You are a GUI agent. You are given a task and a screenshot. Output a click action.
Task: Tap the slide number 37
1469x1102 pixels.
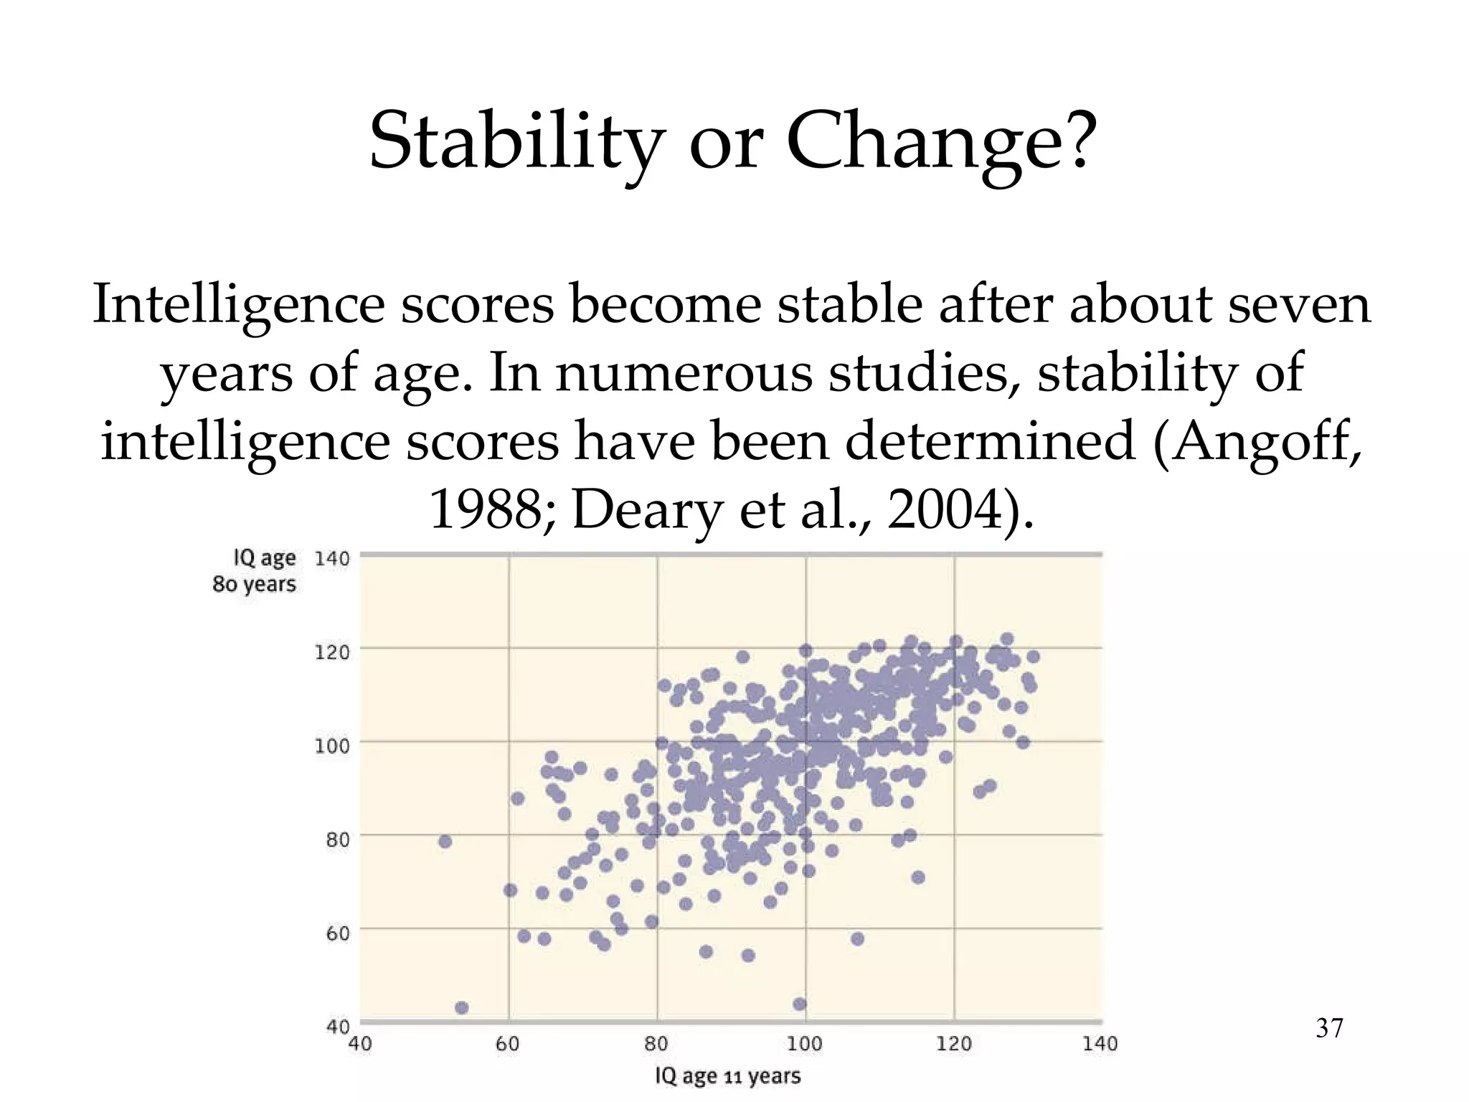point(1329,1029)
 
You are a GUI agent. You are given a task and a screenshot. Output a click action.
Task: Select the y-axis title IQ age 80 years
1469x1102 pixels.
point(255,571)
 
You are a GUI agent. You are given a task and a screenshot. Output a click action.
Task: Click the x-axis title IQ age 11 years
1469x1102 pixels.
point(727,1076)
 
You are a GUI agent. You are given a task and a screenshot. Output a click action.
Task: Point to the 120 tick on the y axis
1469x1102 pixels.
point(332,652)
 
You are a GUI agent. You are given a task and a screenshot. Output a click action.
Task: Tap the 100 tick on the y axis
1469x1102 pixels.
point(332,746)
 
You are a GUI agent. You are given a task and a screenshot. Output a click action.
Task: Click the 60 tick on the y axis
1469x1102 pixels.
point(337,933)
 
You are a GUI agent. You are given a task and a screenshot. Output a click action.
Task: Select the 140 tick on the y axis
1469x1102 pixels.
point(332,558)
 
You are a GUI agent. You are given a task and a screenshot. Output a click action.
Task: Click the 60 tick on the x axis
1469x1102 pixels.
point(508,1044)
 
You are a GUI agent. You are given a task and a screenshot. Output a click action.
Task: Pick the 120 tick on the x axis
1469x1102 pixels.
point(954,1044)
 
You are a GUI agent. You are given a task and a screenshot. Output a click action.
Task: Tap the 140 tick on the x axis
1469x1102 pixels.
point(1100,1044)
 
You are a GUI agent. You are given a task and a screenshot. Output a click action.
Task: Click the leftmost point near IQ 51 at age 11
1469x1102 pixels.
point(445,841)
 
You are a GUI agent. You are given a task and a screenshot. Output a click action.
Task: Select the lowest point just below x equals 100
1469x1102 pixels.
point(800,1004)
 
